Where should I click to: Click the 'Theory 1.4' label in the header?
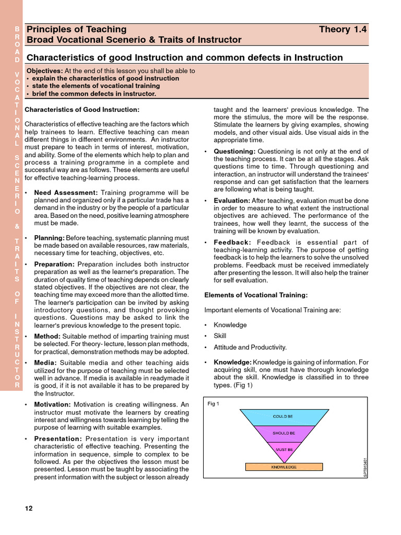[x=343, y=29]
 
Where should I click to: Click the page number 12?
[x=29, y=508]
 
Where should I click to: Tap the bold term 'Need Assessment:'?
[x=66, y=193]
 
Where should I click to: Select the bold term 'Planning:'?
[x=49, y=238]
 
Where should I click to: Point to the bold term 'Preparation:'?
[x=54, y=264]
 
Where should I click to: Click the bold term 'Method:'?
[x=48, y=336]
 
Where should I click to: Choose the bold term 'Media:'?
[x=45, y=363]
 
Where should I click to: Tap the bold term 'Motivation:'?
[x=52, y=404]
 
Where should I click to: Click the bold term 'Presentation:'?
[x=58, y=439]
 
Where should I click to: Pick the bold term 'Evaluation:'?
[x=232, y=201]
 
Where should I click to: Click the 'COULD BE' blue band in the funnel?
[x=283, y=416]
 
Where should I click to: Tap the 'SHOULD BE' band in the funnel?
[x=284, y=434]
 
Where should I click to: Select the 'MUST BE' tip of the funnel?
[x=284, y=449]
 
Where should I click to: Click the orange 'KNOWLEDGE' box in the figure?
[x=284, y=467]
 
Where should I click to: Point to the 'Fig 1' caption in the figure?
[x=214, y=404]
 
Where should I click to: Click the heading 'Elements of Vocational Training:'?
[x=256, y=295]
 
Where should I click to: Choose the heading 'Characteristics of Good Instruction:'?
[x=82, y=110]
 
